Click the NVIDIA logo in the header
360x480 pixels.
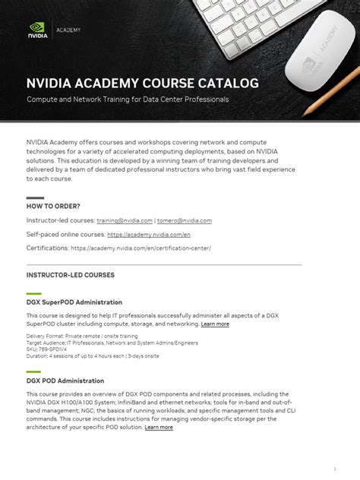click(x=37, y=30)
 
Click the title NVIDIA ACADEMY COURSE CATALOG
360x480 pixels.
click(x=143, y=82)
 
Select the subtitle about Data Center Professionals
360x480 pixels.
click(x=128, y=99)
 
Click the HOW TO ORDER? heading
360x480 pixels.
click(x=53, y=206)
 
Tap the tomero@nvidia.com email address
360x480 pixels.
click(x=185, y=220)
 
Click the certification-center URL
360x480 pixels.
click(x=141, y=248)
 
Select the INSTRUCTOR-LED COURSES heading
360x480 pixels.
click(x=71, y=274)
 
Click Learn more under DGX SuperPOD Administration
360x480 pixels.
click(x=215, y=324)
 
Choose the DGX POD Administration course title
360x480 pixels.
click(x=65, y=381)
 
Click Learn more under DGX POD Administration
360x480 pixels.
click(x=159, y=427)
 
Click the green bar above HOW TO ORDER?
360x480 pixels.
click(x=34, y=197)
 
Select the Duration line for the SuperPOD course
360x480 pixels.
click(x=93, y=355)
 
